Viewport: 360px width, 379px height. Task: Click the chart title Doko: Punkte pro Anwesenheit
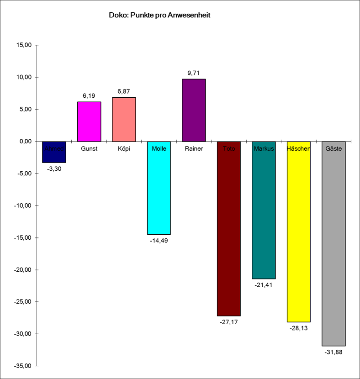pos(159,15)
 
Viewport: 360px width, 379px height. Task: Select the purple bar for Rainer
pos(194,110)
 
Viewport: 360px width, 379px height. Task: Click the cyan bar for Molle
pos(159,192)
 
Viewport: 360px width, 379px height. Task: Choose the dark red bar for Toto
pos(229,233)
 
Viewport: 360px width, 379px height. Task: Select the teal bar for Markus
pos(264,215)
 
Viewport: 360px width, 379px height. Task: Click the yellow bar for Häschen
pos(299,237)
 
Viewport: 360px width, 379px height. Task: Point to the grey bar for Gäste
pos(334,247)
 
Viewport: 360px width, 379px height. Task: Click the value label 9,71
pos(194,73)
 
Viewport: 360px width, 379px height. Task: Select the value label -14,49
pos(159,240)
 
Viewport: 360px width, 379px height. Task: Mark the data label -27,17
pos(229,322)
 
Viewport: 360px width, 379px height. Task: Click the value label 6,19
pos(89,95)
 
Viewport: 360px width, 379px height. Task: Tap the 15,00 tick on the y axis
pos(23,45)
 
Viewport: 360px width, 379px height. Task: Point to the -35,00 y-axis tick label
pos(22,366)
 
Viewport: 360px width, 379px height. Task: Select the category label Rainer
pos(194,148)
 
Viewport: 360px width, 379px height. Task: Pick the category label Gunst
pos(89,148)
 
